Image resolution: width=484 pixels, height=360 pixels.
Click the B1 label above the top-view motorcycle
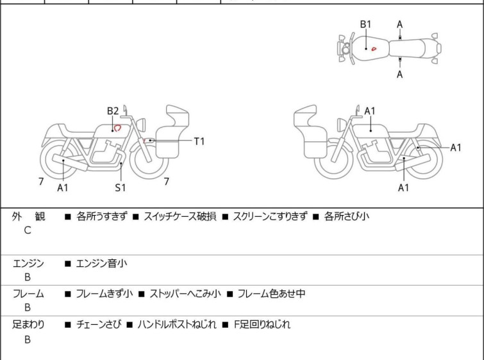coord(366,24)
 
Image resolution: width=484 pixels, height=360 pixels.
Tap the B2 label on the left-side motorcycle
coord(113,111)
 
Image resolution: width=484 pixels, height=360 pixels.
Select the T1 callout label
coord(199,141)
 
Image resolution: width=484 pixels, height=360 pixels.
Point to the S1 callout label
coord(121,187)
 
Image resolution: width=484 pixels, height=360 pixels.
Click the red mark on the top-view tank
coord(374,49)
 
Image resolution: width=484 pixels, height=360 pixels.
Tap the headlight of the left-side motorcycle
coord(141,124)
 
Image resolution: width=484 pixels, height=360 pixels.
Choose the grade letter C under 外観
coord(28,230)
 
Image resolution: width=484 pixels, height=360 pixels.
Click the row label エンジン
coord(28,264)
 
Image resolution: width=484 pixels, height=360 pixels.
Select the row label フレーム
coord(28,293)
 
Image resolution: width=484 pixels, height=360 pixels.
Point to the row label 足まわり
coord(28,325)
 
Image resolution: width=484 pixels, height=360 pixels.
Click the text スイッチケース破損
coord(179,216)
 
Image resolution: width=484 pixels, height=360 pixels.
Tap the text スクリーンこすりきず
coord(270,216)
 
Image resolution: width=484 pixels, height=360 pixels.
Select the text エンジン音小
coord(101,264)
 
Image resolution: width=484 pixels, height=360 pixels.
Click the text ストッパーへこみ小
coord(185,293)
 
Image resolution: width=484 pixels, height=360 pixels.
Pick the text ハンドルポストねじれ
coord(176,325)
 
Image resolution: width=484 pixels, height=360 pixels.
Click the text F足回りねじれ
coord(262,325)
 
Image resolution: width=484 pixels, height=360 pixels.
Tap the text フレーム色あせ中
coord(271,293)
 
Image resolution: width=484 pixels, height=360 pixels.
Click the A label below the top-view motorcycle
coord(400,74)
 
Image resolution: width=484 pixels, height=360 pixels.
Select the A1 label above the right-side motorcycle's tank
coord(369,111)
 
